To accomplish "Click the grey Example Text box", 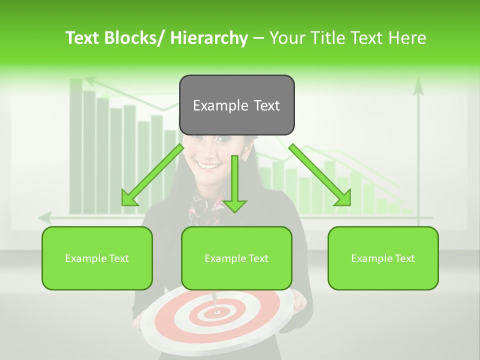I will coord(236,105).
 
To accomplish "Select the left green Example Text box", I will coord(97,258).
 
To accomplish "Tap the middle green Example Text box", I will coord(236,258).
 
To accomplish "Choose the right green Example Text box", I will coord(383,258).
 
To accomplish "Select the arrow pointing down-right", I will coord(320,175).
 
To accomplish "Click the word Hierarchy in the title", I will coord(209,38).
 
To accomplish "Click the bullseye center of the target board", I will coord(216,312).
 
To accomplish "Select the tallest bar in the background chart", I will coord(76,145).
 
